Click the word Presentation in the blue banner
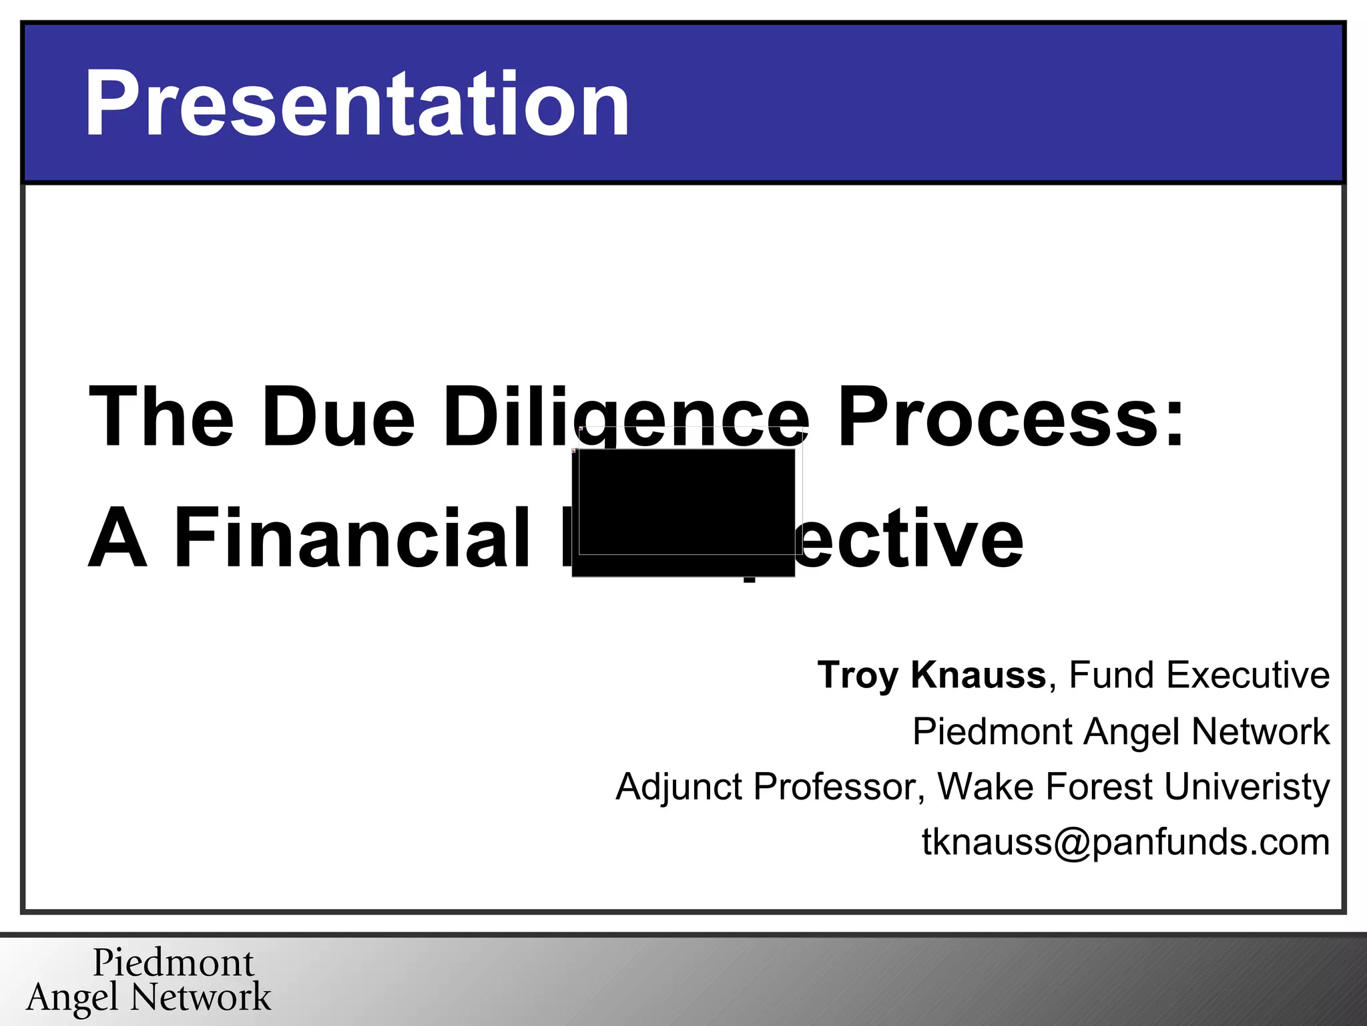tap(356, 104)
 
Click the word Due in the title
tap(338, 417)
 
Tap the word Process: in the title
tap(1011, 417)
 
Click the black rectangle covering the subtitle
tap(683, 512)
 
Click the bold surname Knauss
tap(979, 675)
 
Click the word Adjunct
tap(679, 787)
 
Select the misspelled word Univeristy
tap(1247, 787)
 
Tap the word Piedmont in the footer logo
tap(174, 963)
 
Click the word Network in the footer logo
tap(201, 997)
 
